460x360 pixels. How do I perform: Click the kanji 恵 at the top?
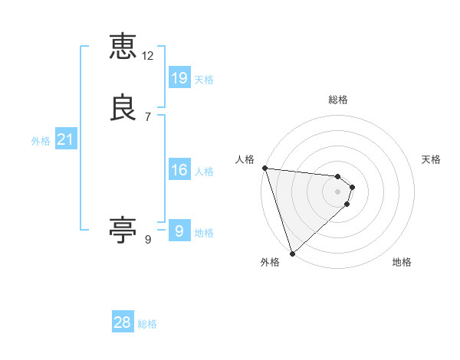tap(123, 47)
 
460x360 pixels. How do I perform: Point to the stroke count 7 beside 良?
tap(148, 117)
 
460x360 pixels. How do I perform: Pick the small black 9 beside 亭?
tap(148, 240)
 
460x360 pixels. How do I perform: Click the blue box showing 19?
tap(179, 77)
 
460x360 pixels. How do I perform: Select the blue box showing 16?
tap(179, 169)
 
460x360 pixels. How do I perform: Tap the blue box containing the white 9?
tap(179, 231)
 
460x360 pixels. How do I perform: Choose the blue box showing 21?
tap(66, 139)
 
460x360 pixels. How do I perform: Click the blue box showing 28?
tap(123, 322)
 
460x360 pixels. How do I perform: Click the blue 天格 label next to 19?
tap(204, 80)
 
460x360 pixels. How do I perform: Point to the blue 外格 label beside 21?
tap(41, 141)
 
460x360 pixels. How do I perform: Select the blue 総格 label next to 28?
tap(147, 324)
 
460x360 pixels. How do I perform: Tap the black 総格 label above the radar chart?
tap(337, 100)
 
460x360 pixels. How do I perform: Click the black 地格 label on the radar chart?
tap(402, 262)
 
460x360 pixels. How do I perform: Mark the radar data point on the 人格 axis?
tap(264, 168)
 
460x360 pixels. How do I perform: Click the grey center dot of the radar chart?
tap(337, 191)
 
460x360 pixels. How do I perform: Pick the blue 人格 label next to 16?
tap(204, 172)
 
